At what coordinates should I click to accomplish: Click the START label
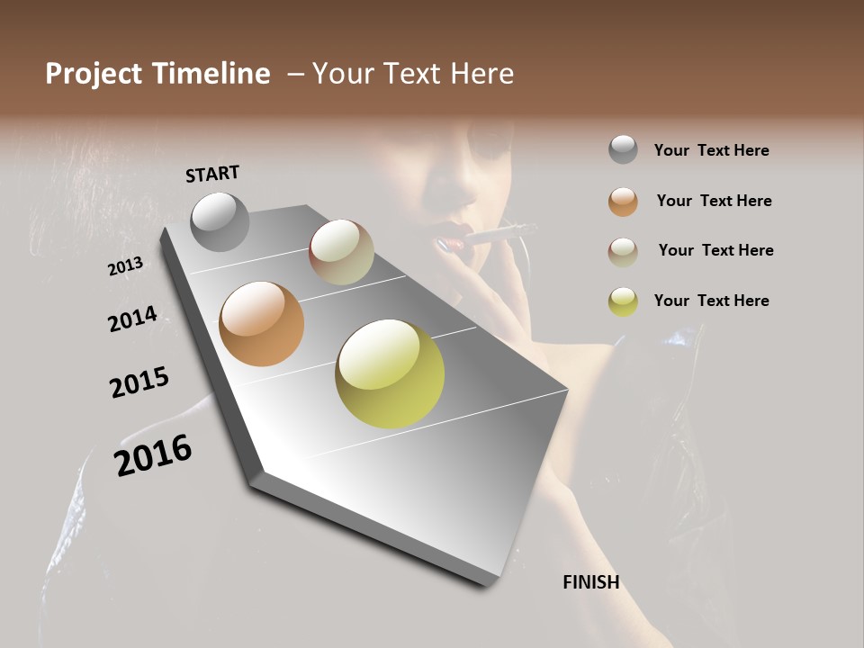(212, 174)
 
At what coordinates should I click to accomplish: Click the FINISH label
(590, 582)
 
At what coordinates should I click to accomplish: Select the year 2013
(125, 266)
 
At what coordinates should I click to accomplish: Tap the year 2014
(132, 319)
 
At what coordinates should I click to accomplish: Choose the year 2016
(153, 455)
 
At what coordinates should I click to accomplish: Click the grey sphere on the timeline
(220, 221)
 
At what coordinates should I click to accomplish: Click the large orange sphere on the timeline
(262, 324)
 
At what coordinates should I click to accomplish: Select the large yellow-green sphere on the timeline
(390, 373)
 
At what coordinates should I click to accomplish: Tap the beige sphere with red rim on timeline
(341, 252)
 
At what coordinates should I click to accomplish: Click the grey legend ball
(623, 150)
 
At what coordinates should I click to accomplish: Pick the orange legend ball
(623, 201)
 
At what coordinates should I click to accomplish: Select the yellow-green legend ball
(623, 301)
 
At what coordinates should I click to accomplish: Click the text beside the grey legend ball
(711, 150)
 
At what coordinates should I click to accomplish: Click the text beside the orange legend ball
(714, 201)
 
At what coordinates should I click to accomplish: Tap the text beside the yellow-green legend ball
(711, 301)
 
